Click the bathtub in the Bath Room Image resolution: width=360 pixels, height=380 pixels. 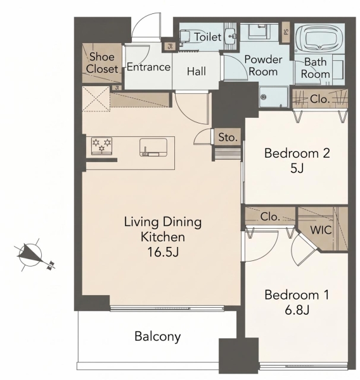(319, 38)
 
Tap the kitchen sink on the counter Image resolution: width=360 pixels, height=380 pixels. (153, 147)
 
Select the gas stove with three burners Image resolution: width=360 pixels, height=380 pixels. (101, 146)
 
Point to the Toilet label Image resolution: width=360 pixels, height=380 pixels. (208, 37)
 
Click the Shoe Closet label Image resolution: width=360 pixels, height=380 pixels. (102, 63)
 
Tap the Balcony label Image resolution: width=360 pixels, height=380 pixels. (158, 337)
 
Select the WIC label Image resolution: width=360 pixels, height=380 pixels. (321, 230)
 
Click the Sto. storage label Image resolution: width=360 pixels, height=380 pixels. (228, 137)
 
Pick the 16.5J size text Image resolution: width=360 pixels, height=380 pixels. (163, 252)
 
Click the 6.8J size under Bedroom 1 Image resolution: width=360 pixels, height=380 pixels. (297, 310)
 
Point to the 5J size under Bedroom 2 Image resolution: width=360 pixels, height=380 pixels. (297, 168)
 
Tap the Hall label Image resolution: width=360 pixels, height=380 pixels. (196, 72)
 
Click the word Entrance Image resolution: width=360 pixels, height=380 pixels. (148, 67)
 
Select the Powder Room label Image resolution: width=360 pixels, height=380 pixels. (263, 66)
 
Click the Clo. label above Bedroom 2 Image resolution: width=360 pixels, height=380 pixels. (319, 99)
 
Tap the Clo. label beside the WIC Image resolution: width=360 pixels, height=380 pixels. (270, 217)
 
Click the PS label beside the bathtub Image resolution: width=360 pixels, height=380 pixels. (286, 32)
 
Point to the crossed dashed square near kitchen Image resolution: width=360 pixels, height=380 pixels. (96, 99)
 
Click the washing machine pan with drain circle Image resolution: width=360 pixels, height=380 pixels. (273, 97)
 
